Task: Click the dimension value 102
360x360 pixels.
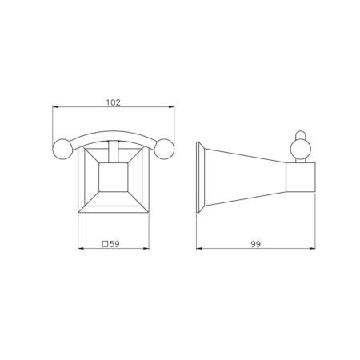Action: (x=114, y=102)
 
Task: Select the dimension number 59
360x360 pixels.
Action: (x=114, y=244)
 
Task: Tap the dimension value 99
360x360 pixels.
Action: (x=256, y=244)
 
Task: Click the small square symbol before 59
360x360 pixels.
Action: (x=106, y=244)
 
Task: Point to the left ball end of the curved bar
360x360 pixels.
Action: (x=62, y=149)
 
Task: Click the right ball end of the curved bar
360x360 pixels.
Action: (x=165, y=149)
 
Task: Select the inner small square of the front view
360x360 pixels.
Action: (x=114, y=177)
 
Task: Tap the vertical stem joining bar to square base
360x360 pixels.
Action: (x=114, y=152)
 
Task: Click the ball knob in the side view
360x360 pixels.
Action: (x=301, y=149)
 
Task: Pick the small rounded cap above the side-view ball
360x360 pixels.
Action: (x=301, y=134)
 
